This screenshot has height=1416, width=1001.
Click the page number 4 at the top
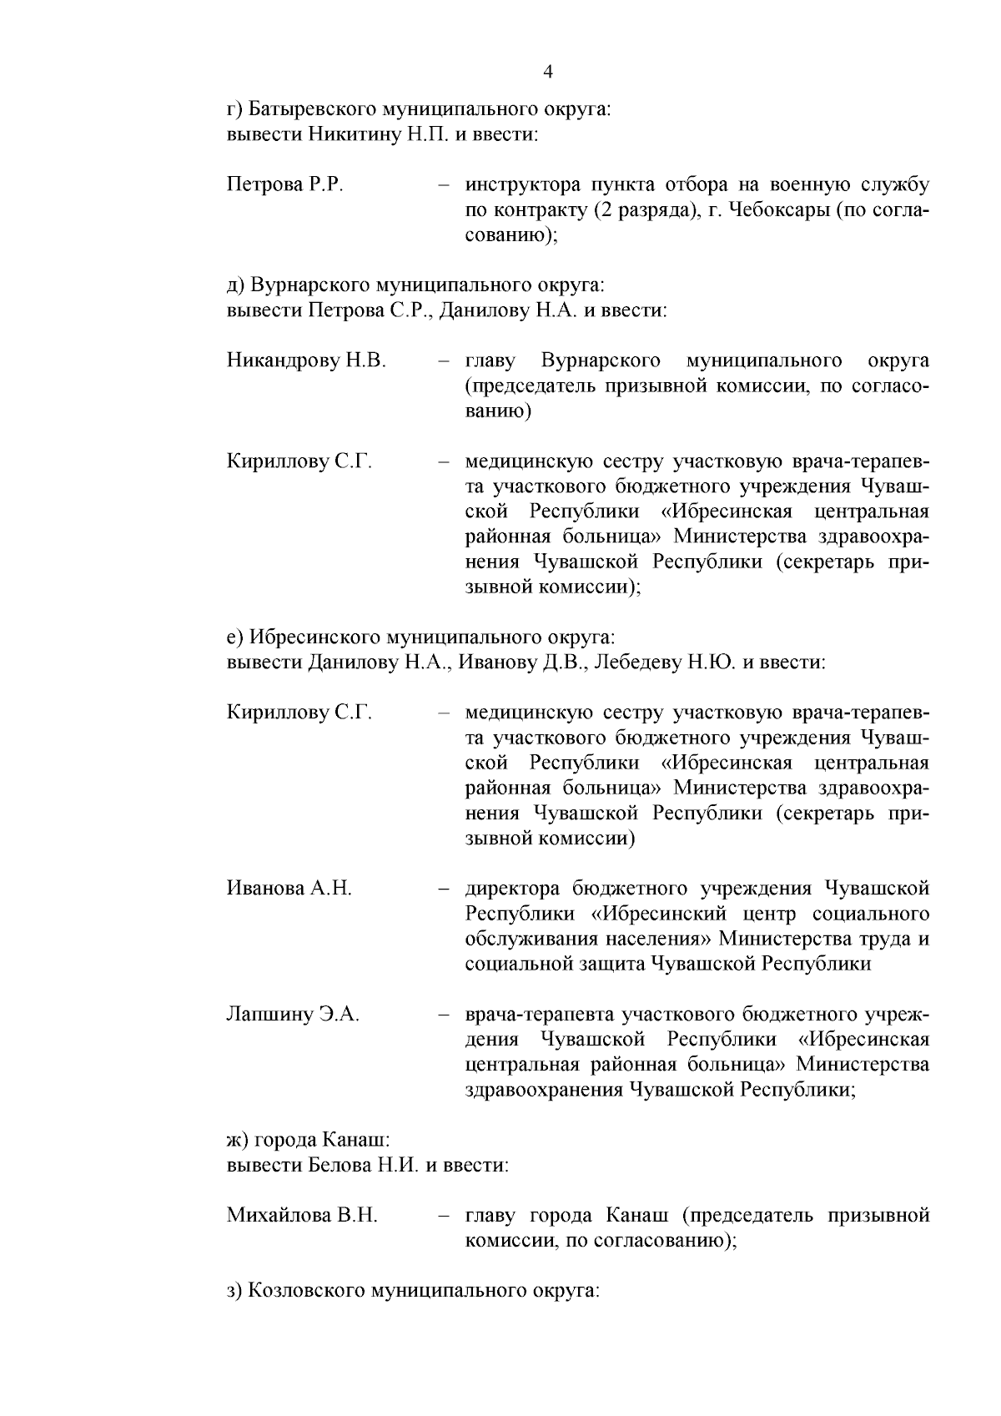[x=547, y=73]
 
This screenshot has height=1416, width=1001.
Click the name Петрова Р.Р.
[x=284, y=184]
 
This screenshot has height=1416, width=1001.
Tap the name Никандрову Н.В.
[x=306, y=360]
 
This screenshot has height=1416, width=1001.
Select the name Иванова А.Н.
[x=289, y=889]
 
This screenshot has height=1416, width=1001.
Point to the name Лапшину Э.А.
[x=293, y=1015]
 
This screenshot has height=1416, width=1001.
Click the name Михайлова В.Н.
[x=302, y=1216]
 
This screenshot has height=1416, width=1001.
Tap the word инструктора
[x=521, y=184]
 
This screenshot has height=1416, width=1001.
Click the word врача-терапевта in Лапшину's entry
[x=541, y=1015]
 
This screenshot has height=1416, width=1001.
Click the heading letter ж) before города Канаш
[x=238, y=1140]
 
